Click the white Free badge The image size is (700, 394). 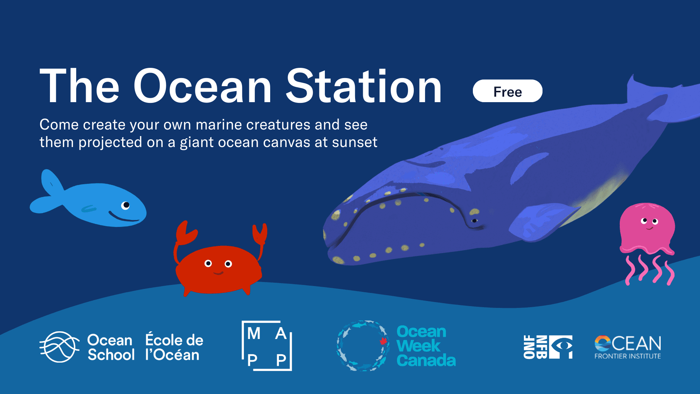507,91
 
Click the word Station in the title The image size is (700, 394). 363,86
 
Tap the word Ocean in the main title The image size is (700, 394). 203,86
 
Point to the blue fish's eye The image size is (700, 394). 125,205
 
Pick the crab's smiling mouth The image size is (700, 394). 218,273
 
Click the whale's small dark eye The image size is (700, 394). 474,221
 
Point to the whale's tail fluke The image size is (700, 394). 660,98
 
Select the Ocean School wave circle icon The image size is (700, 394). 59,347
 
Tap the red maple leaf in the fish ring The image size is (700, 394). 383,341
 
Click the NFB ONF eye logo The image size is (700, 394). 548,347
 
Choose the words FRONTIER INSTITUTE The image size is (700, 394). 627,356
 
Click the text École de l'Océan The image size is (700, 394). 174,347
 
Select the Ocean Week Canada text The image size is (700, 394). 426,346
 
